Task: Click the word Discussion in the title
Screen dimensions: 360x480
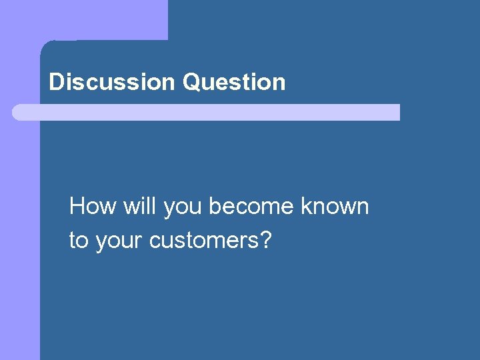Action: coord(111,83)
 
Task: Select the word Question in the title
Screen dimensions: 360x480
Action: coord(233,83)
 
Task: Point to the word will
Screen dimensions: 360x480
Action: coord(139,207)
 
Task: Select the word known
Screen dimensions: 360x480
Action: coord(335,207)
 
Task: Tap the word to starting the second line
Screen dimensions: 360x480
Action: coord(79,240)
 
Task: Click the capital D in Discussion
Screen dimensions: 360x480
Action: coord(56,83)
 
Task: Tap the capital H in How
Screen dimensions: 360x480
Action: coord(77,207)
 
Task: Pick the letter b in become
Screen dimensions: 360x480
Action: coord(214,207)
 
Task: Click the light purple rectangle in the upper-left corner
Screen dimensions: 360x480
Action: coord(83,19)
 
